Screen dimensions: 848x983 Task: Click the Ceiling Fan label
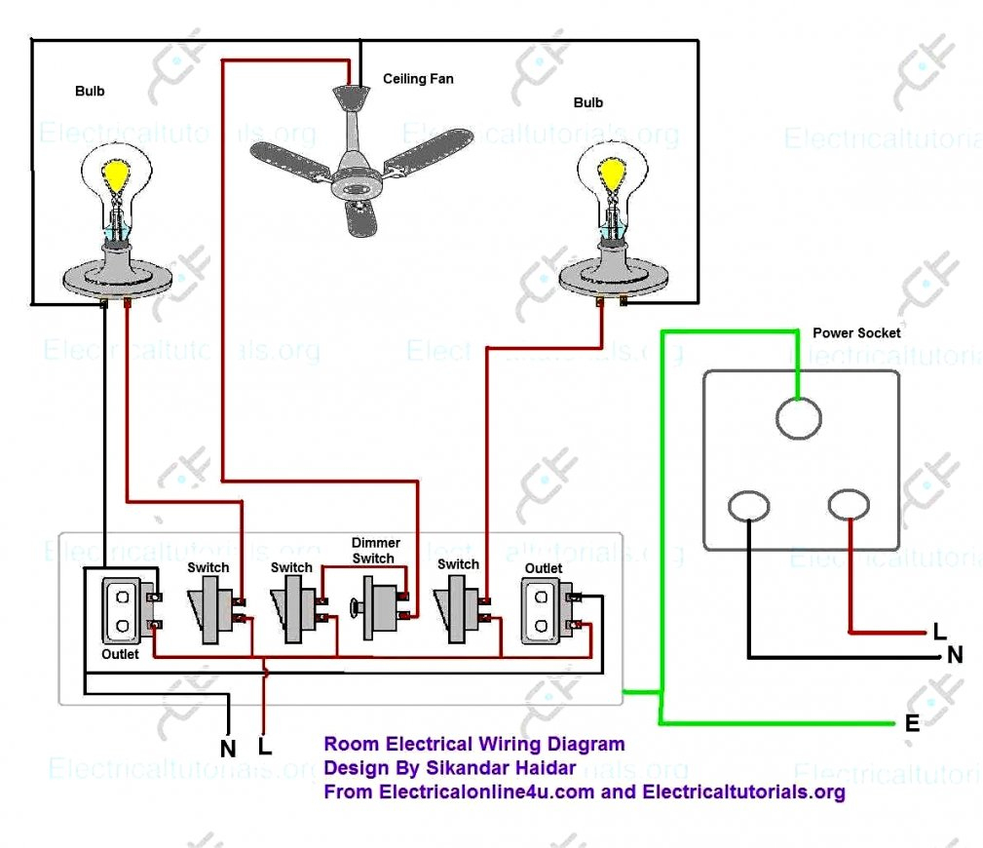click(x=417, y=79)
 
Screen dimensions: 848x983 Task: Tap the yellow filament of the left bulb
click(x=118, y=175)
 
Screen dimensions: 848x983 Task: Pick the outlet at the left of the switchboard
click(x=123, y=609)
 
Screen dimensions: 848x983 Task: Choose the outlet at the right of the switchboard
click(x=543, y=610)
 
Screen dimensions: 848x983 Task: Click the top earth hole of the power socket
click(x=800, y=420)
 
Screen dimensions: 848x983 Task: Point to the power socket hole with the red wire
click(x=849, y=505)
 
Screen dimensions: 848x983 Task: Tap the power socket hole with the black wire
click(x=748, y=507)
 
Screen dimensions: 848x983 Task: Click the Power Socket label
click(x=856, y=333)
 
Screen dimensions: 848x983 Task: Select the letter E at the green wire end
click(x=912, y=723)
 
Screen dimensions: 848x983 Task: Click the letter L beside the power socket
click(x=939, y=632)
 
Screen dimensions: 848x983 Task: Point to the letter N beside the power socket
click(x=955, y=656)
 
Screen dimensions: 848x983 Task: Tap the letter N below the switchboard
click(x=228, y=750)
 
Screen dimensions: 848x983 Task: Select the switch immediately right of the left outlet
click(x=209, y=610)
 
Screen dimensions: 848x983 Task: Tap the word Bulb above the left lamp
click(x=90, y=92)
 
